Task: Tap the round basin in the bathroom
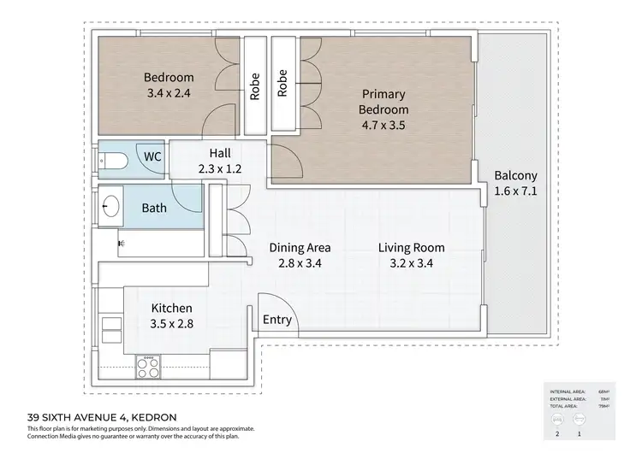click(x=110, y=206)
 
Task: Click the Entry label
click(x=277, y=321)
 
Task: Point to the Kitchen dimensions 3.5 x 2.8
click(x=171, y=324)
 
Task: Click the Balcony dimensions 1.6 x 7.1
click(x=515, y=191)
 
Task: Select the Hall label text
click(x=220, y=153)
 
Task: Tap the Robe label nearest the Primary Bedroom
click(x=282, y=84)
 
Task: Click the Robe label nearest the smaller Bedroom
click(x=254, y=85)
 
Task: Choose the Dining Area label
click(x=300, y=248)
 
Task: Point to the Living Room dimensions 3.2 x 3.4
click(x=411, y=263)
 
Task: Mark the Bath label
click(x=154, y=208)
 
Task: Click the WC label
click(x=152, y=157)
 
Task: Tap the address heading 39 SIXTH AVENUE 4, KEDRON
click(x=102, y=416)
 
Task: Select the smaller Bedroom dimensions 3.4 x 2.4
click(x=169, y=92)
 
